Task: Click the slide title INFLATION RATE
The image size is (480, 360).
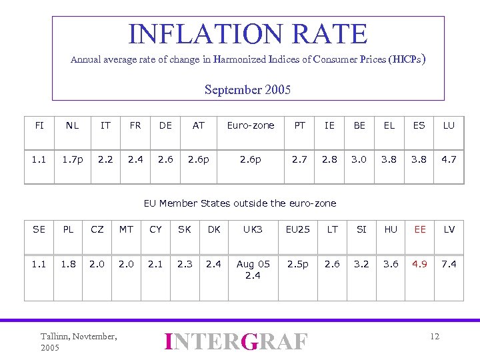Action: coord(247,34)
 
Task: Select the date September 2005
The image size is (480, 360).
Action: coord(247,89)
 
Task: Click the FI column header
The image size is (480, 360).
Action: coord(39,125)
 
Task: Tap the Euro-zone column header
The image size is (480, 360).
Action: coord(251,125)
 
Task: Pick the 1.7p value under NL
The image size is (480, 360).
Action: coord(73,160)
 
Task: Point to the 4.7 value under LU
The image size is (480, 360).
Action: coord(449,160)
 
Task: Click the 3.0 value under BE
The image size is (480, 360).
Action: coord(359,160)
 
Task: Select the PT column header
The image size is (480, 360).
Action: coord(300,125)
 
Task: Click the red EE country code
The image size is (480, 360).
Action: coord(420,229)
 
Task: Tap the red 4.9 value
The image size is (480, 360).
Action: coord(420,264)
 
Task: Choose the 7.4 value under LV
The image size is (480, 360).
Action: coord(449,264)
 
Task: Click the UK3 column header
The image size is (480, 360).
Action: coord(253,229)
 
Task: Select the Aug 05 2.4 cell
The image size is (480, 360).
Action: coord(253,269)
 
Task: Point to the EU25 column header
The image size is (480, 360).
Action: coord(298,229)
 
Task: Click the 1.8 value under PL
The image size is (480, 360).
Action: coord(68,264)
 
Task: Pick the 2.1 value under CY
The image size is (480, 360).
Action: coord(155,264)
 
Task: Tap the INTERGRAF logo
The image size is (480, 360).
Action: coord(237,341)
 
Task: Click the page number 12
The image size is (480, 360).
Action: coord(435,336)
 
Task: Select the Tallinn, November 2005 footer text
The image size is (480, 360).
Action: coord(79,342)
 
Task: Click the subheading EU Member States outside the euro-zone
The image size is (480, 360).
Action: coord(241,203)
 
